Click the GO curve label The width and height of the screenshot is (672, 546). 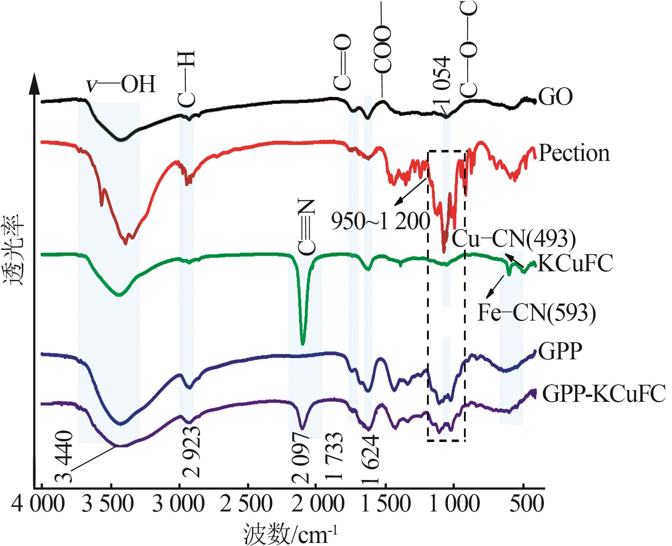point(555,98)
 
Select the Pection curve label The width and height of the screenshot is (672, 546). point(574,154)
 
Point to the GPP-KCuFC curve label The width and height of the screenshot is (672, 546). point(604,394)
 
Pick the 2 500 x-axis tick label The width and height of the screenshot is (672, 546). point(247,506)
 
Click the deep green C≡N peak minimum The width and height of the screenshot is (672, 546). point(303,344)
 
